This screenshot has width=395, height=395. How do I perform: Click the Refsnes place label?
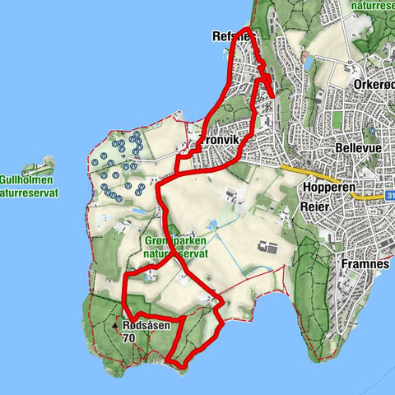233,37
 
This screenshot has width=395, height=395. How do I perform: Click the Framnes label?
361,265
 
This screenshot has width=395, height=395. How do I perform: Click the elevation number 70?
128,338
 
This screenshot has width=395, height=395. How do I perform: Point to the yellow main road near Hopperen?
317,174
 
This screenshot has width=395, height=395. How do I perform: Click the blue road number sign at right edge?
389,197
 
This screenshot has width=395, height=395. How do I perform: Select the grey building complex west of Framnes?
267,246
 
